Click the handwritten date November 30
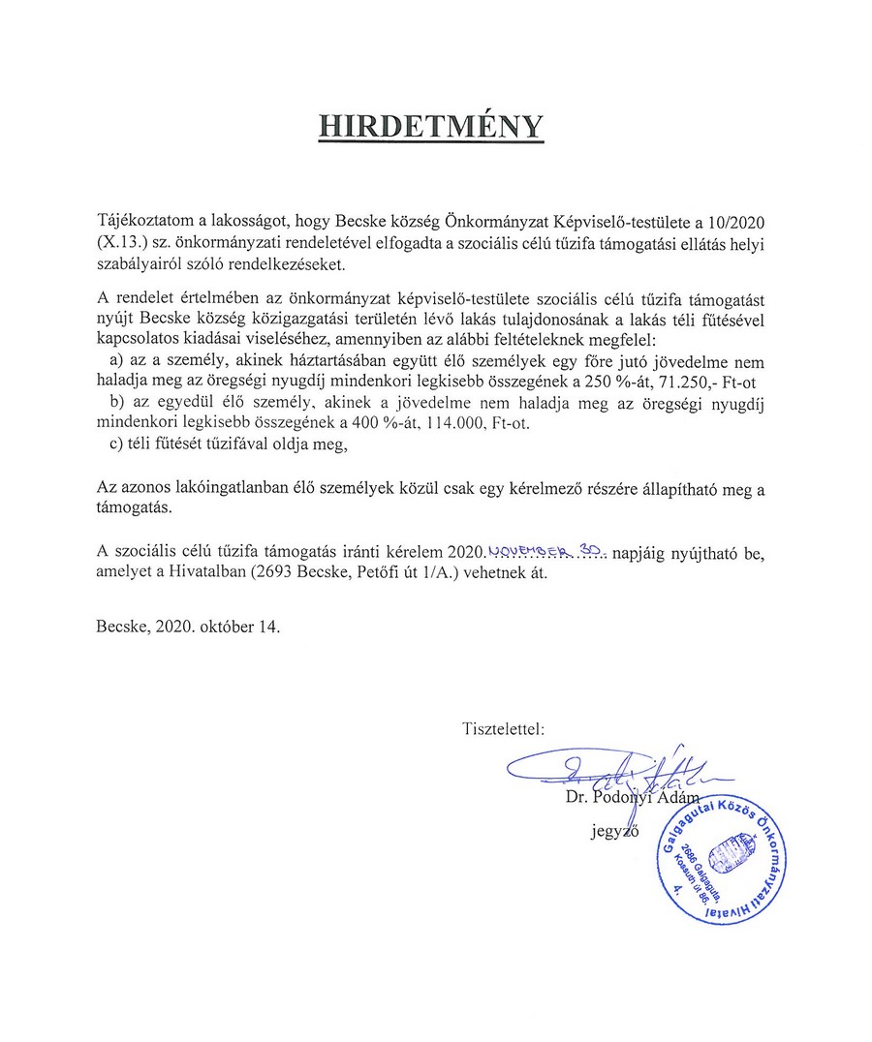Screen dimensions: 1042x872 [547, 551]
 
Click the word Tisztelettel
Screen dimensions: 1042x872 [504, 725]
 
